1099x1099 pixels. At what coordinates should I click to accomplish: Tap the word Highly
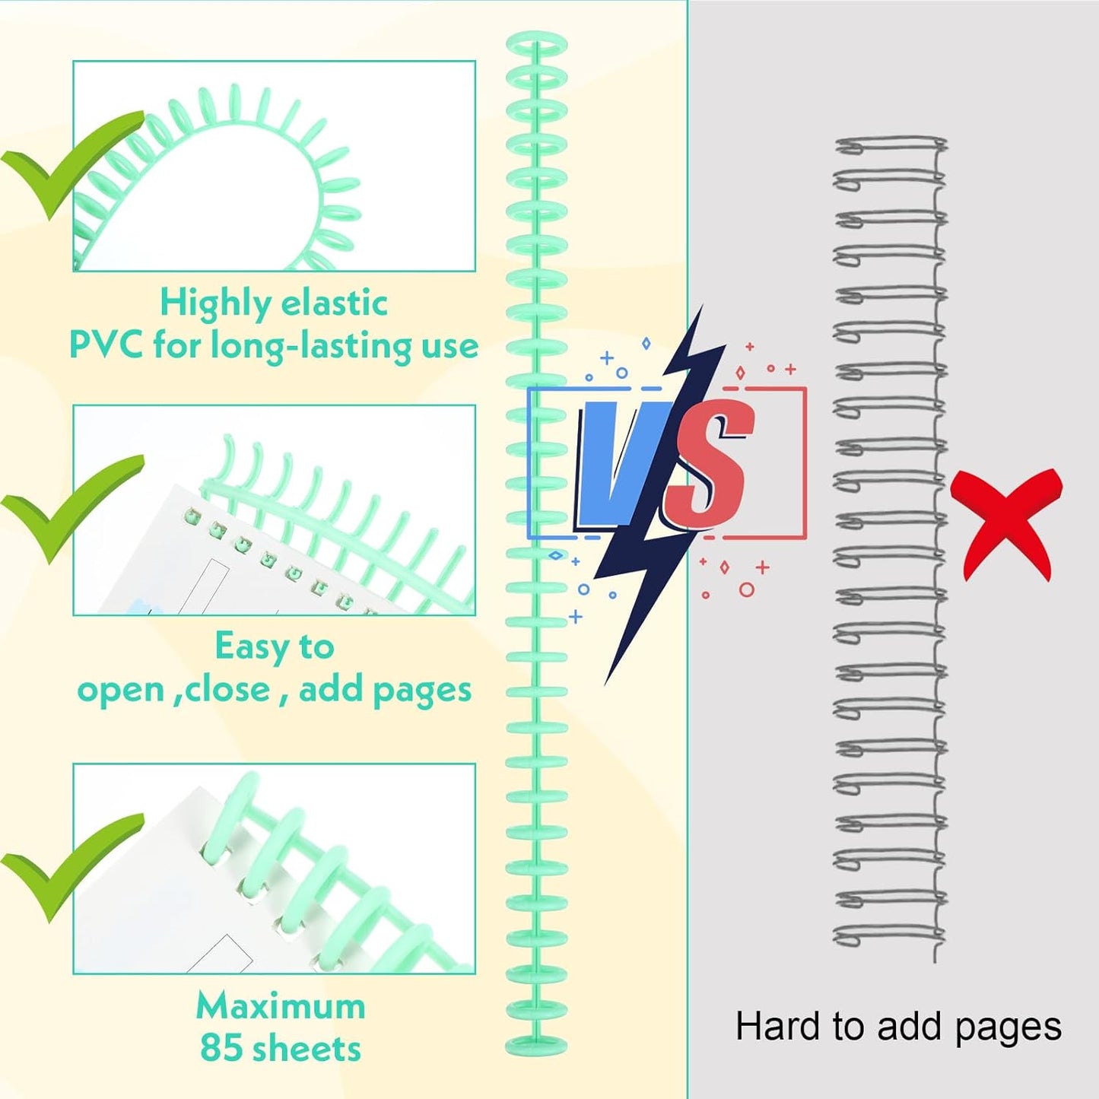[215, 304]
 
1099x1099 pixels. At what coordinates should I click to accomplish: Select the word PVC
[106, 346]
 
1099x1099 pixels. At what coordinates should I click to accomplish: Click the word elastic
[333, 304]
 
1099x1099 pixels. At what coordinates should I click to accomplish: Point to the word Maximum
[281, 1006]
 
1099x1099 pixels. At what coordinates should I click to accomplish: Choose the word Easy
[251, 647]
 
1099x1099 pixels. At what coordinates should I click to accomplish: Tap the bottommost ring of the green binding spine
[536, 1043]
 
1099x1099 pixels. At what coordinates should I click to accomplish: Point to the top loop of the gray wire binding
[890, 144]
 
